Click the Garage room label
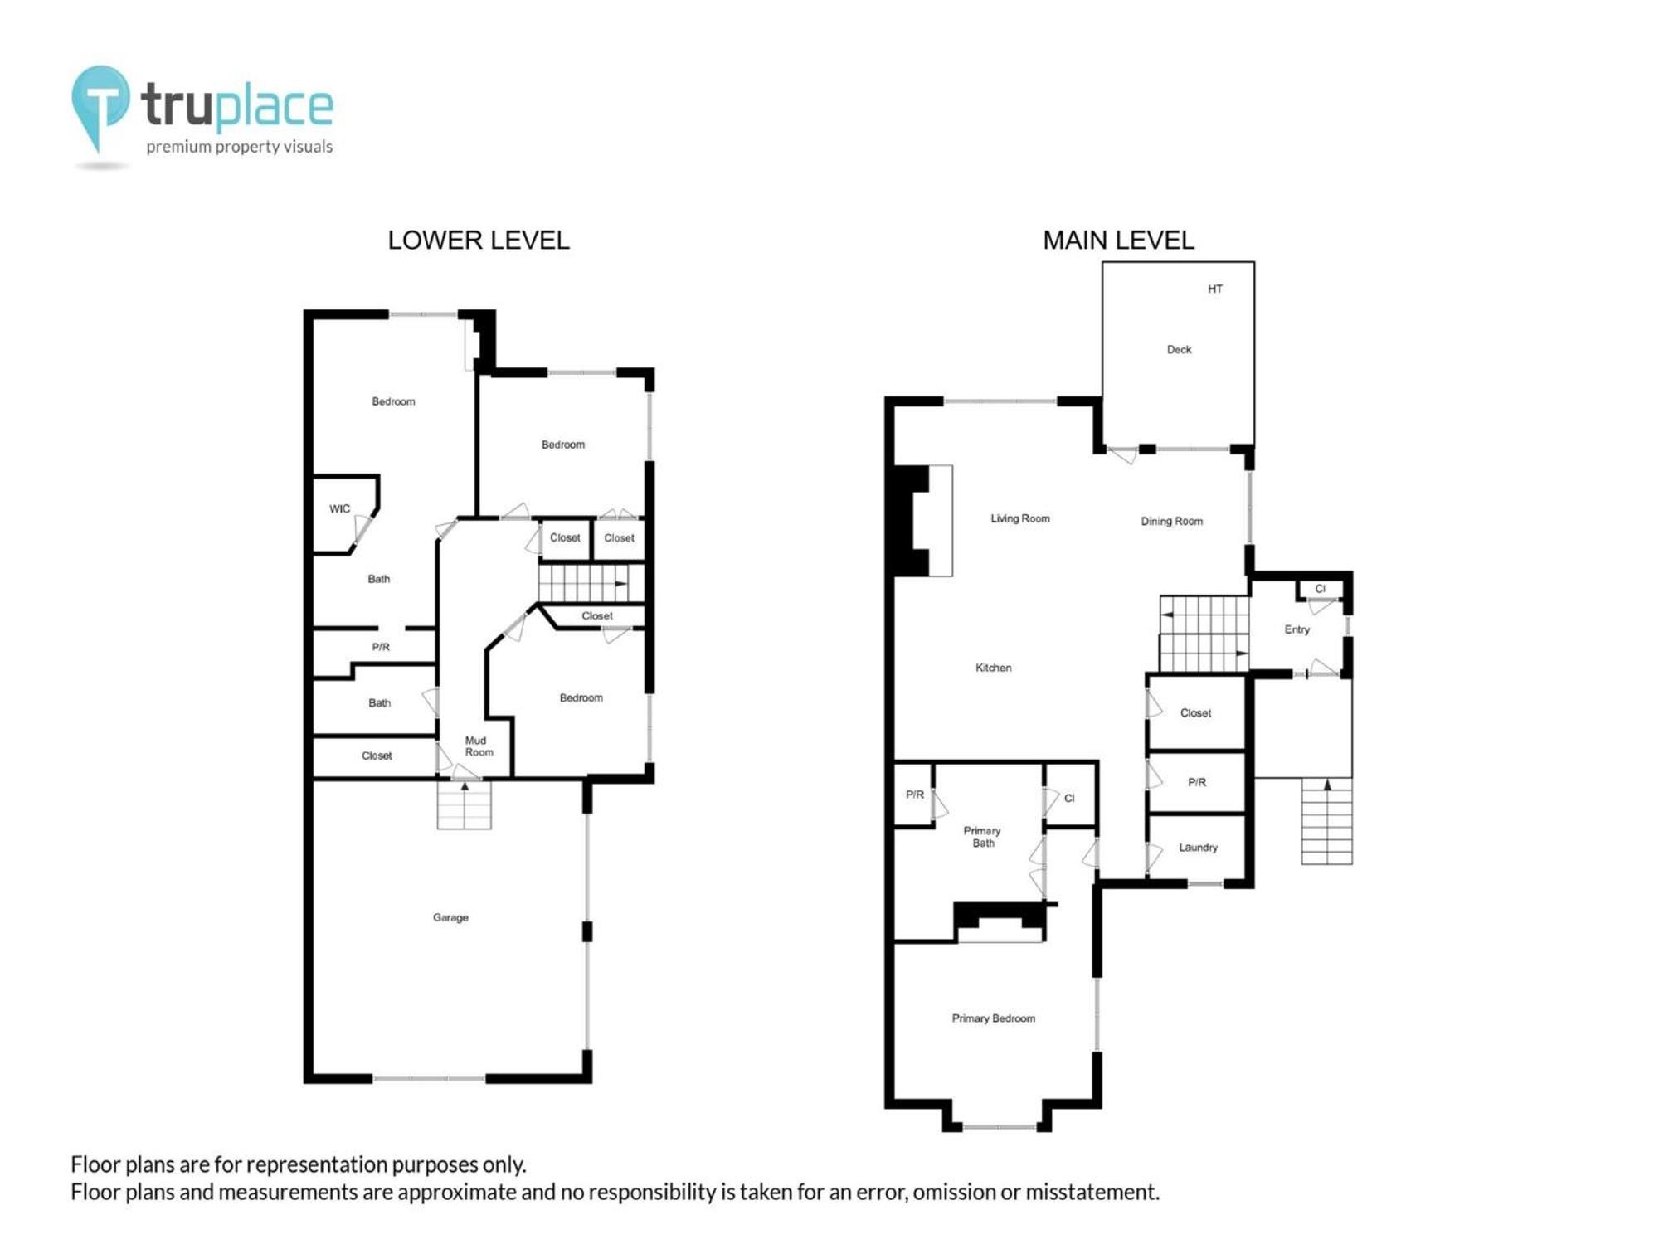pos(450,917)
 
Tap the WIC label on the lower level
pos(339,508)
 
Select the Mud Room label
pos(478,746)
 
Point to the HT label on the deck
pos(1214,289)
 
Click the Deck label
pos(1179,349)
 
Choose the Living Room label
pos(1019,518)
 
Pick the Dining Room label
pos(1171,521)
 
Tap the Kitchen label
pos(993,668)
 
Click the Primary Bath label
pos(982,837)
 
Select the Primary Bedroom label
pos(993,1018)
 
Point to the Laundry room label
pos(1198,848)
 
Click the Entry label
pos(1297,629)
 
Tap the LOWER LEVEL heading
pos(479,241)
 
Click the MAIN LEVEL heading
pos(1118,241)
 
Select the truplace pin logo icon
pos(100,108)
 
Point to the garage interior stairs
pos(465,804)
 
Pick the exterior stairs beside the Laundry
pos(1326,821)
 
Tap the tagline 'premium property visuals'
pos(240,147)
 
